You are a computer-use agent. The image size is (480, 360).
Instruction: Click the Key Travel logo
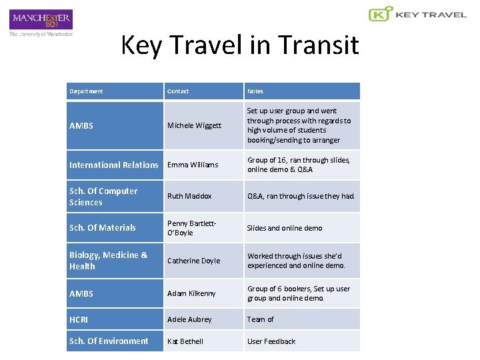point(417,14)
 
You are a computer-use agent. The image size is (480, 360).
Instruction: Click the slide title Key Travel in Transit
point(239,45)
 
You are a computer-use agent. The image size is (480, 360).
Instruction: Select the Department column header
point(86,91)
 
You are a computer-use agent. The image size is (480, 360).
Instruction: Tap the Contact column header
point(178,91)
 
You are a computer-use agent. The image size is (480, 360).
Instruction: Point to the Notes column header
point(255,91)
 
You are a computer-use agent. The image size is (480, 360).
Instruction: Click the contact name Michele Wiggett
point(194,125)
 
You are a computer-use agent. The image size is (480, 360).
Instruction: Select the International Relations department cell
point(114,165)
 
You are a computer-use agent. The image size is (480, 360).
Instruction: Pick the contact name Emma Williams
point(193,165)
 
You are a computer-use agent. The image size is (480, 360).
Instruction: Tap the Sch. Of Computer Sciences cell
point(103,197)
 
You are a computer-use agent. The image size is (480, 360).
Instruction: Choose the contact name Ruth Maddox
point(189,197)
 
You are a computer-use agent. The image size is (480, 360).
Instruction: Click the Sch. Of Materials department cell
point(102,228)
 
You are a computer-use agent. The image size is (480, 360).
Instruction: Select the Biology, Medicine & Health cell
point(108,261)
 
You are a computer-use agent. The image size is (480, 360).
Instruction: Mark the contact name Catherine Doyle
point(193,261)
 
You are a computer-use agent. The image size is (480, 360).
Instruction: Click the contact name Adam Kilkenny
point(191,293)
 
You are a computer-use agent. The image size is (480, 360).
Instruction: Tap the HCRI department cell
point(79,319)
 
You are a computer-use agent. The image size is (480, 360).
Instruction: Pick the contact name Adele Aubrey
point(189,319)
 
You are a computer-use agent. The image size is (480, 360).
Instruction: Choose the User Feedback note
point(271,341)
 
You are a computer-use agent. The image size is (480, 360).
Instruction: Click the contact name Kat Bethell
point(185,341)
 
